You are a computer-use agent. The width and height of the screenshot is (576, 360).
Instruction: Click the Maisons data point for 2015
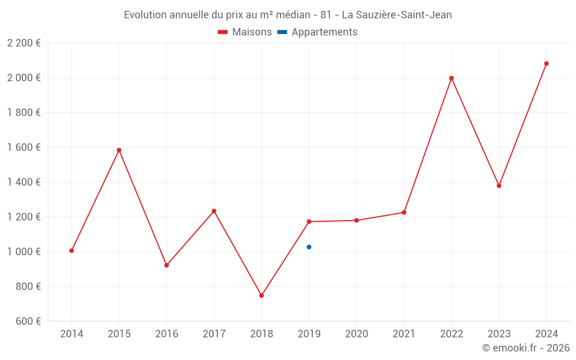[119, 150]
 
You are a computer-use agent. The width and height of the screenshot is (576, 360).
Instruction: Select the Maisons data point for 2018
[262, 295]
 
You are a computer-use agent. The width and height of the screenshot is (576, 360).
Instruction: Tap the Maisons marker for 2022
[452, 78]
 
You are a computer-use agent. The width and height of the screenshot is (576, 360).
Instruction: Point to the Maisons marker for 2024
[547, 63]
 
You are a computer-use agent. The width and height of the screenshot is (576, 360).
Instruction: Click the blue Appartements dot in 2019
[309, 247]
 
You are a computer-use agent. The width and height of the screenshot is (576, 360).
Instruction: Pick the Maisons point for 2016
[166, 266]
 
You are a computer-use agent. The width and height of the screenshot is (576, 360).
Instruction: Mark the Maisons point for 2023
[499, 186]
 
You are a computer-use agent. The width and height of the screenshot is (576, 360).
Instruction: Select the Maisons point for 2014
[71, 251]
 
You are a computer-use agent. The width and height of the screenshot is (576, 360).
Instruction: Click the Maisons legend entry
[245, 32]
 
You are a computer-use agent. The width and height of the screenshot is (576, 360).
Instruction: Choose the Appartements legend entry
[317, 32]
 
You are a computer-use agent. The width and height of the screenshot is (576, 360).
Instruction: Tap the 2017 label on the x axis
[214, 334]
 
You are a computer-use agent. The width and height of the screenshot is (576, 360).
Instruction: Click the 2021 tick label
[404, 334]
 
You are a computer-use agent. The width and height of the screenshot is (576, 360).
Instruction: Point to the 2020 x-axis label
[357, 334]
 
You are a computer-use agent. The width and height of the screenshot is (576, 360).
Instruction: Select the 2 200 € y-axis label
[24, 43]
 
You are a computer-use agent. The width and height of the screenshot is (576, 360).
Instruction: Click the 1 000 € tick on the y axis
[24, 252]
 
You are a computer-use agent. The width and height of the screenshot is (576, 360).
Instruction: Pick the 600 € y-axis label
[27, 321]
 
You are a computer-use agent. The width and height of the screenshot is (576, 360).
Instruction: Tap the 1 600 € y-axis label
[24, 147]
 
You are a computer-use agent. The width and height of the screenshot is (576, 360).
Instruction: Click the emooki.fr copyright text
[526, 348]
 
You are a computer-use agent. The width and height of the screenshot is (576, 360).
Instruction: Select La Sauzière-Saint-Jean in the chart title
[397, 15]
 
